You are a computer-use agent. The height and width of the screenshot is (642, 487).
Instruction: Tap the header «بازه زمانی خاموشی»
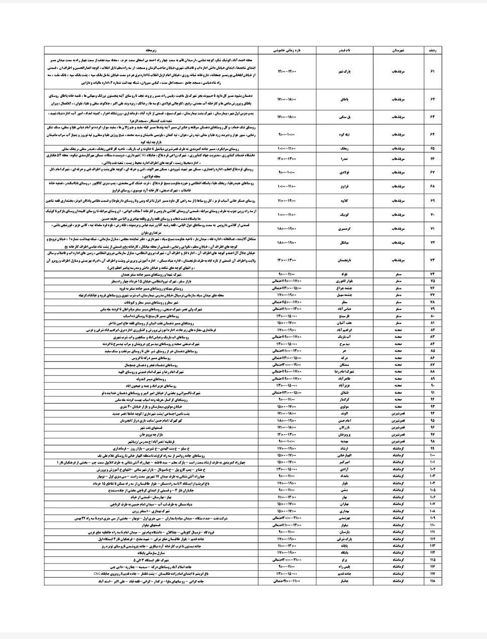tap(287, 51)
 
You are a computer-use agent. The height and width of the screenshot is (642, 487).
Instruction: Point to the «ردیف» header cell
tap(432, 51)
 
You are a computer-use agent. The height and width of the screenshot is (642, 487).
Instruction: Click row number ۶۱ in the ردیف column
tap(432, 72)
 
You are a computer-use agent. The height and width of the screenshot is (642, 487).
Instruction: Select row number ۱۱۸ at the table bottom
tap(432, 581)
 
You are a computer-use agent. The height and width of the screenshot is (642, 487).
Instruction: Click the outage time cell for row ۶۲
tap(287, 100)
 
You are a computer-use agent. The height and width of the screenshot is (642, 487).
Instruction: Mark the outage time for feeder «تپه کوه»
tap(287, 134)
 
